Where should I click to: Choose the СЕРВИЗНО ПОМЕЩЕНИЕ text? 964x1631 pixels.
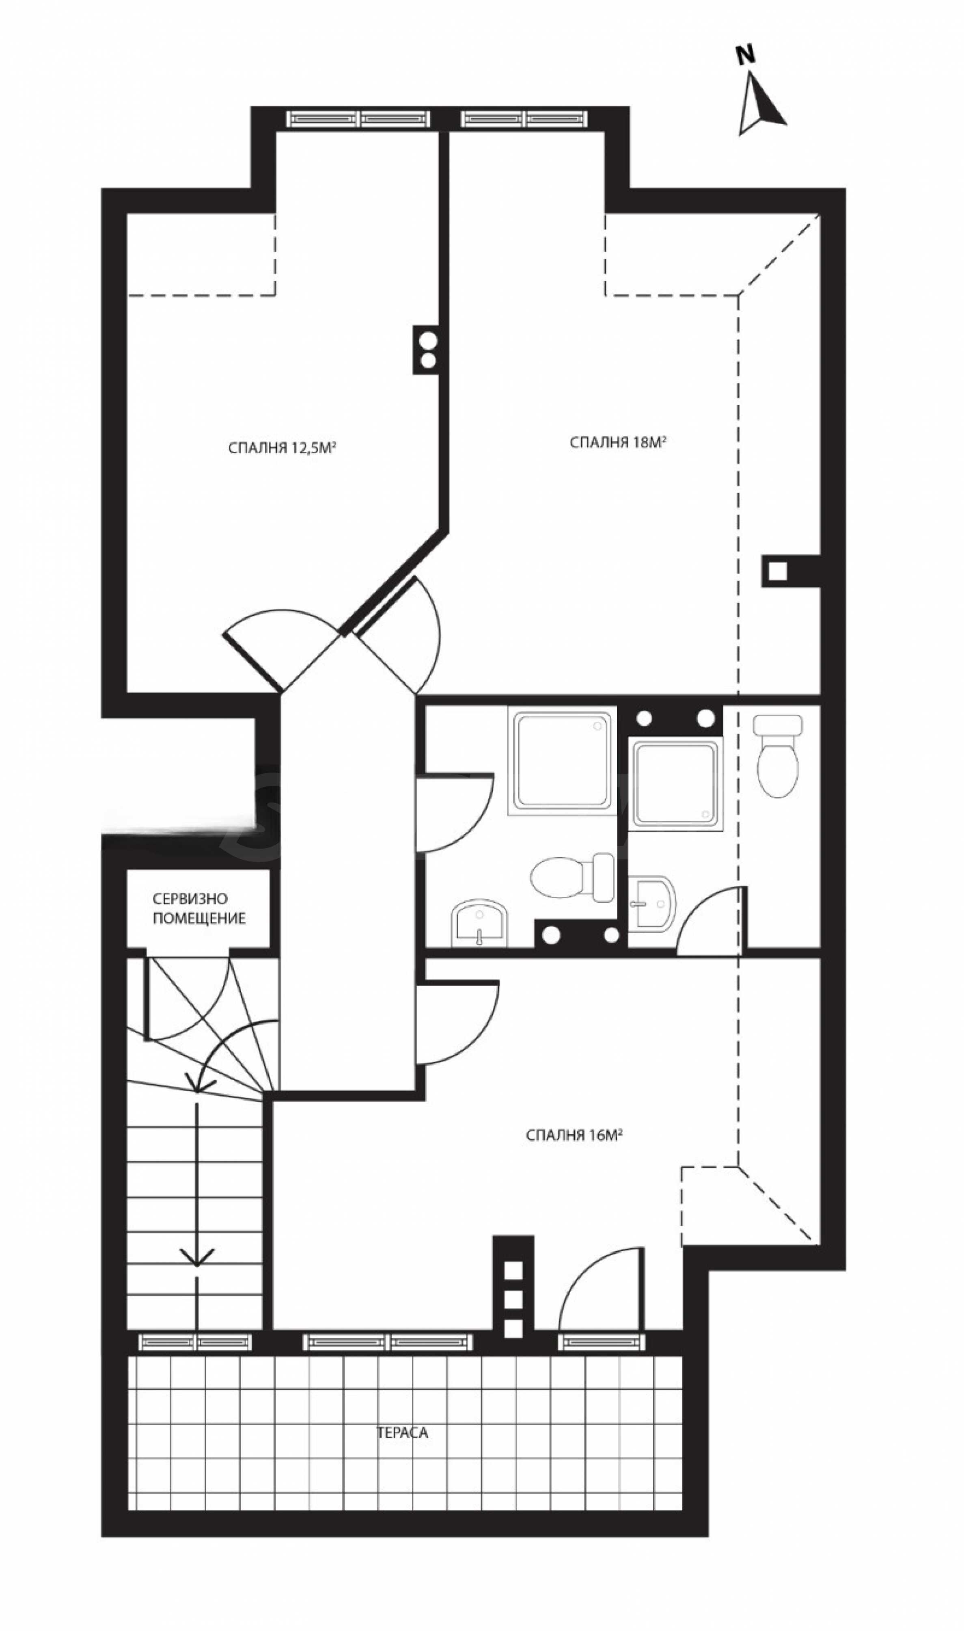(x=199, y=909)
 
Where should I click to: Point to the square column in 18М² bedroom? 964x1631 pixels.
(x=778, y=571)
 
